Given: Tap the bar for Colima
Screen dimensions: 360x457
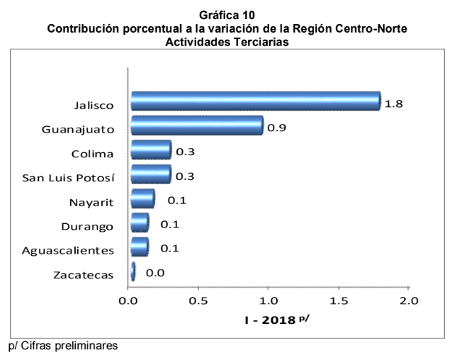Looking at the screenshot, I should pos(151,150).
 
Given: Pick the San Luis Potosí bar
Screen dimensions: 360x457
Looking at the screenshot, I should pos(151,174).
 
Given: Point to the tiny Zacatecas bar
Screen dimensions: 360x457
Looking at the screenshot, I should pos(132,271).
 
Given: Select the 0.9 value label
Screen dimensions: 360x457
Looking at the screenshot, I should pos(276,128).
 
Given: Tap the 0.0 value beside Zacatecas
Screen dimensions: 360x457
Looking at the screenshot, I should pos(155,272).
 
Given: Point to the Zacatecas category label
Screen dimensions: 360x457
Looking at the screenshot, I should pos(83,274).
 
